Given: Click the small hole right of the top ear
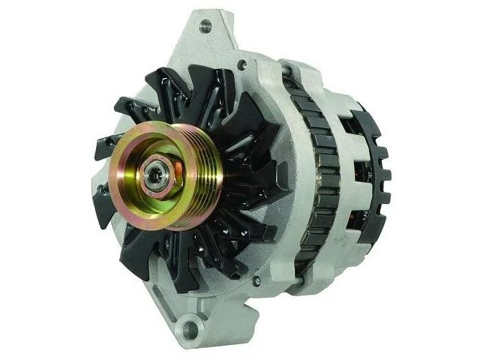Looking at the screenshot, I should (x=241, y=66).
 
